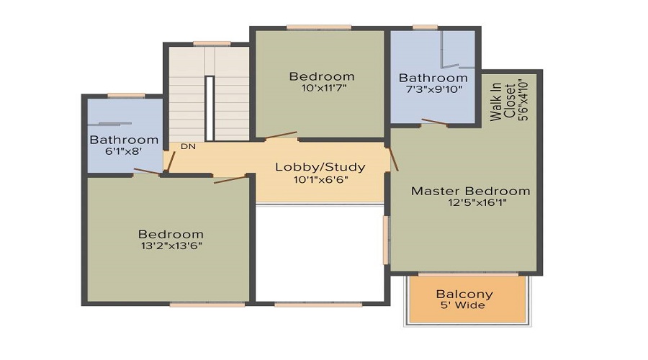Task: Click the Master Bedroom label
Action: coord(470,191)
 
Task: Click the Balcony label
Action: coord(464,294)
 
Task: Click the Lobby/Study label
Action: coord(320,167)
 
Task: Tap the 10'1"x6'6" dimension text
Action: coord(321,180)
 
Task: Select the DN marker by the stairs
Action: coord(188,147)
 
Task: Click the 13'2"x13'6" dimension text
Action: coord(171,246)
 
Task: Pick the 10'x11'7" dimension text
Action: coord(321,89)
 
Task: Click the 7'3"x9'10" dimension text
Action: coord(433,90)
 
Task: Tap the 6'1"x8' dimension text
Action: coord(123,152)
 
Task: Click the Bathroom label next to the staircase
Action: coord(124,140)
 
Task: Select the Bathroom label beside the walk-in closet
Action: coord(433,78)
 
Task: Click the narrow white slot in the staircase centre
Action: coord(210,108)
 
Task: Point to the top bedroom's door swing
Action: coord(281,135)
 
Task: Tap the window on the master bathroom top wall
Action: coord(425,27)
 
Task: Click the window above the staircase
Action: coord(212,43)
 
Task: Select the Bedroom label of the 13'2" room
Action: coord(171,234)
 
